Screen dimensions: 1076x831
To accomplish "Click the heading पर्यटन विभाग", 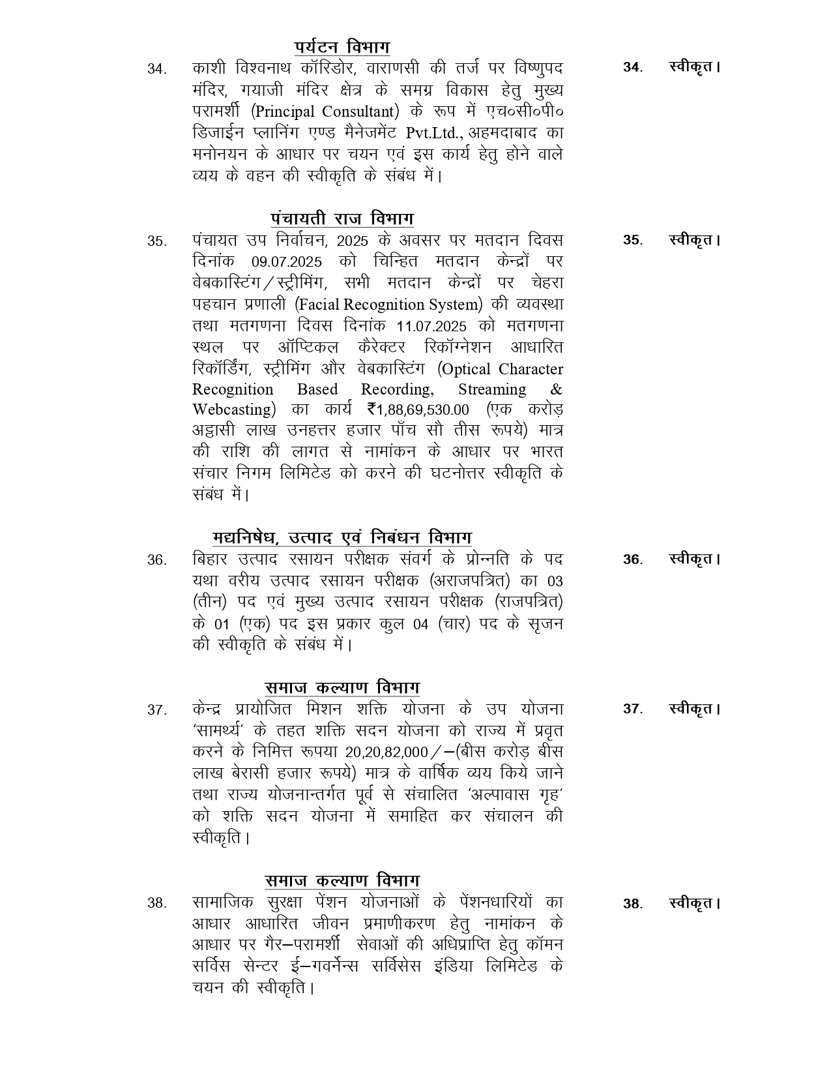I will (x=342, y=48).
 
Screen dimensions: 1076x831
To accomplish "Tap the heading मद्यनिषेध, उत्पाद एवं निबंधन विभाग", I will (x=342, y=538).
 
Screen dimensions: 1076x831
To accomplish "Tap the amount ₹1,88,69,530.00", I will (x=418, y=410).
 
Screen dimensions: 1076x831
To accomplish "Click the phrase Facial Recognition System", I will (x=388, y=305).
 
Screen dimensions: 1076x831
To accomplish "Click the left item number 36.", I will (x=156, y=560).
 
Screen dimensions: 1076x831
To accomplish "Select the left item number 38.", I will (x=156, y=903).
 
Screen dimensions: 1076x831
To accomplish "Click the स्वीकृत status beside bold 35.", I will (x=694, y=240).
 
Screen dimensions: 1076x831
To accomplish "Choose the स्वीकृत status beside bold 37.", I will (x=694, y=709).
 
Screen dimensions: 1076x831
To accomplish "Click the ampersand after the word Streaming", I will (x=556, y=389).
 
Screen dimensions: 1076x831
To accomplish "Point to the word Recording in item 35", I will (x=397, y=389).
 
